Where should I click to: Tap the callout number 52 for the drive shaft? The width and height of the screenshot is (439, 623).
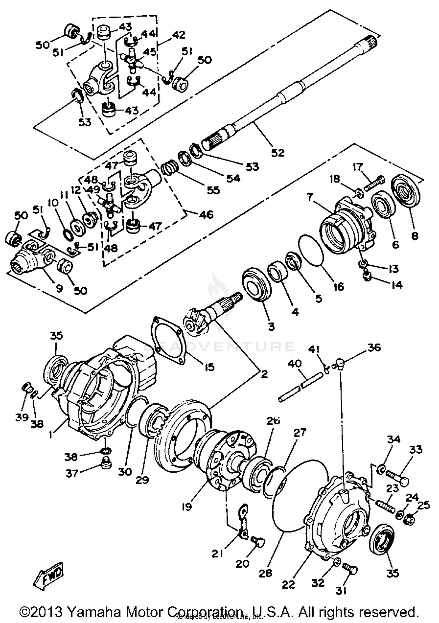[x=277, y=152]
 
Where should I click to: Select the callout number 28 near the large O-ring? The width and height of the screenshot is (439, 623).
[x=265, y=573]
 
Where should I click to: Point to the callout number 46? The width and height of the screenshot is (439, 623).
[x=206, y=215]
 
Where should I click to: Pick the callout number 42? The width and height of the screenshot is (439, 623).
[x=179, y=35]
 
